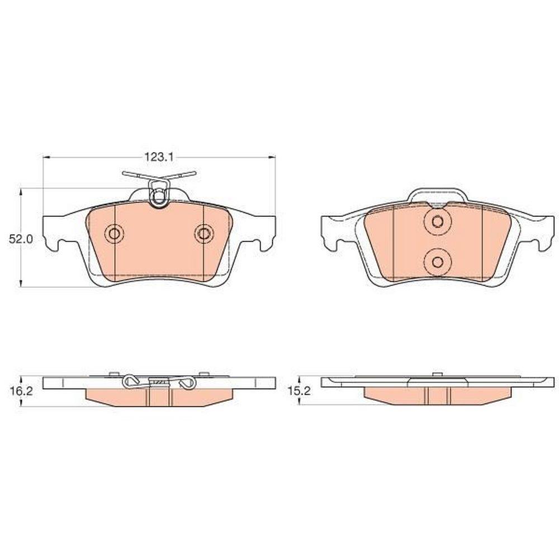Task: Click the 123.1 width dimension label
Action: click(159, 157)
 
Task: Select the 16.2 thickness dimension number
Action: click(21, 391)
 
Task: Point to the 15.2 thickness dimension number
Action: click(299, 391)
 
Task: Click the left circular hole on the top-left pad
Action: click(115, 234)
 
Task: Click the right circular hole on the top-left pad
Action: click(203, 234)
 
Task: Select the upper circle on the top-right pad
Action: click(438, 222)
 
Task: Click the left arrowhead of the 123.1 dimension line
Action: click(46, 157)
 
